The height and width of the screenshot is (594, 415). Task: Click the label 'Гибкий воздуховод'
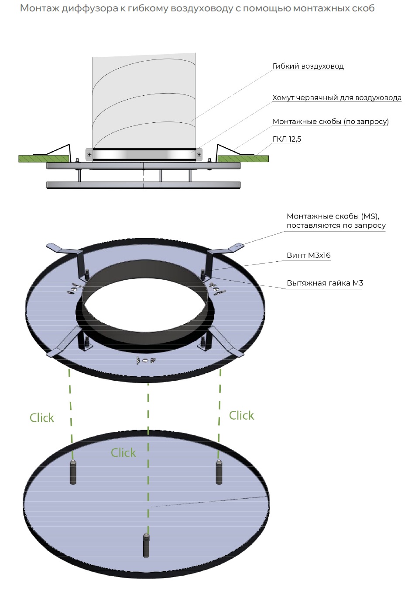(308, 66)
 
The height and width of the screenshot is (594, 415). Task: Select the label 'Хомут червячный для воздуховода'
(336, 98)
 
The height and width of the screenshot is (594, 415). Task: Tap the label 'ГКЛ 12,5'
(287, 139)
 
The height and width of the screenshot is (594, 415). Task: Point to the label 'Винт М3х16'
(309, 256)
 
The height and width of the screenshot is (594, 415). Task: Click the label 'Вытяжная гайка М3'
(325, 283)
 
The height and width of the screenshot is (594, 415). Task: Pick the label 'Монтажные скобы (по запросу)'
(330, 122)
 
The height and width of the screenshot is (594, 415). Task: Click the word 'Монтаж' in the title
(39, 8)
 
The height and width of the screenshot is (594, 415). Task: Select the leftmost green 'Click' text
(42, 418)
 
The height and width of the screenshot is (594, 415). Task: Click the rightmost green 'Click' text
(241, 415)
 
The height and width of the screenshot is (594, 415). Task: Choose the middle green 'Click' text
(123, 453)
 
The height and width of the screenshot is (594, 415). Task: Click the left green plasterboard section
(44, 158)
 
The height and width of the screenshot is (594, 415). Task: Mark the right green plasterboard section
(243, 158)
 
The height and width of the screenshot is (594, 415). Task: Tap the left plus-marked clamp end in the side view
(89, 155)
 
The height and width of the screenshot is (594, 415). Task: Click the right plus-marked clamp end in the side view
(199, 155)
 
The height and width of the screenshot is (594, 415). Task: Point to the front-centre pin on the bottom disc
(146, 545)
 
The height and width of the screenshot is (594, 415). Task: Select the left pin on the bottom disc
(73, 472)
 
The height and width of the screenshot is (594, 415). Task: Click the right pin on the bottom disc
(219, 472)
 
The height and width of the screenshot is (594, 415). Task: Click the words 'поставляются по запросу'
(336, 226)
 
